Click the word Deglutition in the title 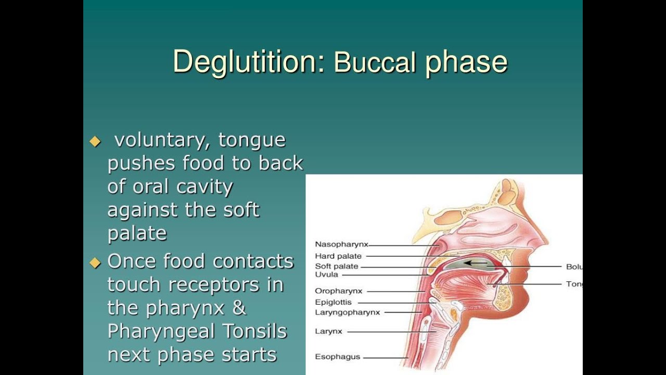point(249,61)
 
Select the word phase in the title point(466,63)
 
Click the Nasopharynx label point(341,244)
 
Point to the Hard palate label point(338,256)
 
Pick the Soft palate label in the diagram point(337,267)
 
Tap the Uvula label point(326,274)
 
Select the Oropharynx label point(338,291)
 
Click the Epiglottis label point(333,302)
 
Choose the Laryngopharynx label point(348,312)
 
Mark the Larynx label point(328,331)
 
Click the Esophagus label point(338,357)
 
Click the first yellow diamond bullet point(95,141)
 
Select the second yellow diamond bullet point(95,262)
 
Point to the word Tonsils point(254,331)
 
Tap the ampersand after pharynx point(238,307)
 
